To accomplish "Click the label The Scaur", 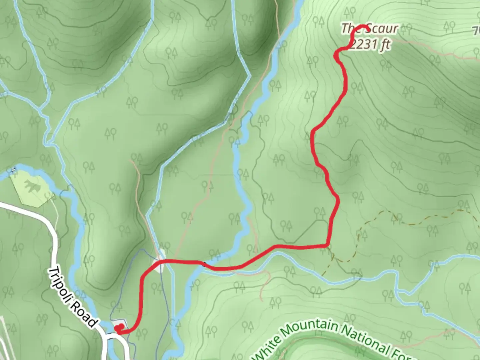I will (x=369, y=29).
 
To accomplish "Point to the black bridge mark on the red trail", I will (x=204, y=264).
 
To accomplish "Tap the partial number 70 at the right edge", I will (x=476, y=31).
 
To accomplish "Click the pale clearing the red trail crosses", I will (x=159, y=263).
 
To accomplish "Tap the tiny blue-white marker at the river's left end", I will (x=14, y=170).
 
